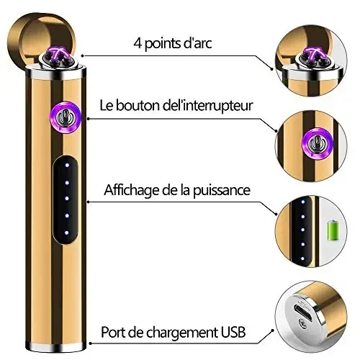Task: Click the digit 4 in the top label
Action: (138, 43)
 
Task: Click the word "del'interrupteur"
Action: (208, 106)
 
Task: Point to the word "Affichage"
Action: (132, 190)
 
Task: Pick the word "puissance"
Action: (222, 191)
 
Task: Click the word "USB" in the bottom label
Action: (233, 332)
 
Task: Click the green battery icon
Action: (333, 230)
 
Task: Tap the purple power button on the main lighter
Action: (66, 117)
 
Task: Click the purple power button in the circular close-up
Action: (318, 143)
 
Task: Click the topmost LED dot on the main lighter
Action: (67, 165)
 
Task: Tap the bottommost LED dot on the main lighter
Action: (67, 233)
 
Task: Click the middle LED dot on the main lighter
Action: (67, 199)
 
